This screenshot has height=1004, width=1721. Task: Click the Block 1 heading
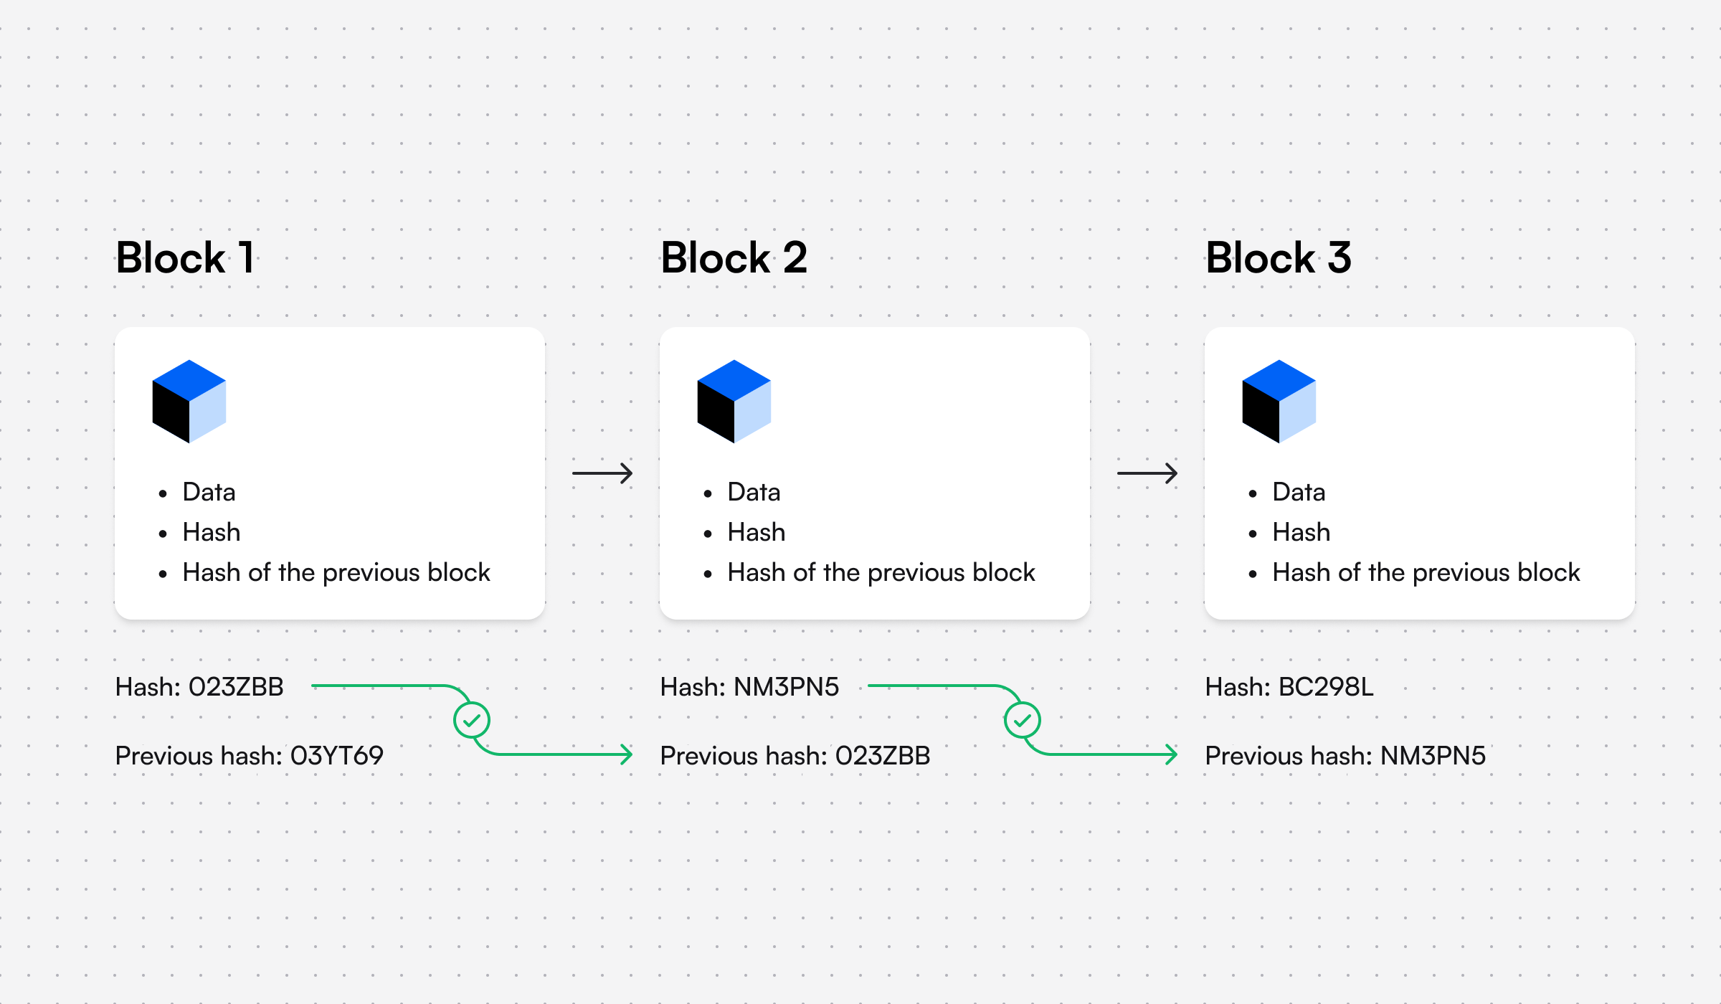point(185,258)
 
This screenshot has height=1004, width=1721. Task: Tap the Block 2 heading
point(734,258)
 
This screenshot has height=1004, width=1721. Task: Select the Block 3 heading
point(1279,258)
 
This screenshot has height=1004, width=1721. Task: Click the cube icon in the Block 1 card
point(189,402)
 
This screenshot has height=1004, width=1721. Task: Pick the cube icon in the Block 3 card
point(1279,402)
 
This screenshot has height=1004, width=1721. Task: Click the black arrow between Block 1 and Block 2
point(602,473)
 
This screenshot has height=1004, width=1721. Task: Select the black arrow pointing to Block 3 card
point(1147,473)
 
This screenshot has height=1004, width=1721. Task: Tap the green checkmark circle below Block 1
point(472,720)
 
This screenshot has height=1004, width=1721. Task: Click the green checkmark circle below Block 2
point(1023,720)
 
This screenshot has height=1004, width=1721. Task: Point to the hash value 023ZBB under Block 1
point(236,687)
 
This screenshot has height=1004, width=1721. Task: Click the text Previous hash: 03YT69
point(249,756)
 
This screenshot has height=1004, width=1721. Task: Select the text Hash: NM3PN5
point(749,687)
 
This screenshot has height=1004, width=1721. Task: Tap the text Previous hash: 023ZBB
point(795,756)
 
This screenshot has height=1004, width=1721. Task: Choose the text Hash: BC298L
point(1289,687)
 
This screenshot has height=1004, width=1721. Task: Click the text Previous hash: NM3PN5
point(1345,756)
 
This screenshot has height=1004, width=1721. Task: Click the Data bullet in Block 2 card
point(754,493)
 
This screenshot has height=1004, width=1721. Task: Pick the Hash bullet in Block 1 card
point(212,533)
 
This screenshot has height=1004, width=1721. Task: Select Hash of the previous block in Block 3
point(1426,573)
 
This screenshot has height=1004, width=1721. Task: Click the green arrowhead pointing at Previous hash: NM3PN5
point(1172,754)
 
